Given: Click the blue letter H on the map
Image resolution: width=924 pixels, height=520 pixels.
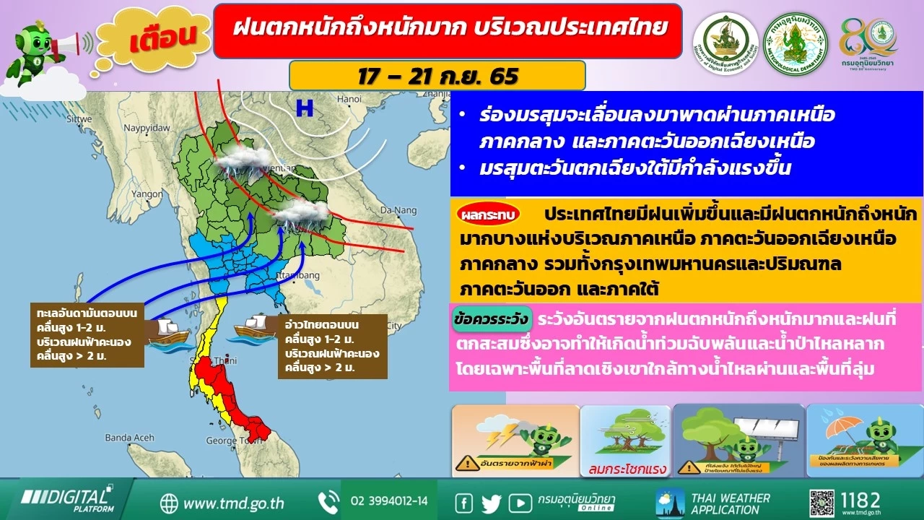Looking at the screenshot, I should pos(305,108).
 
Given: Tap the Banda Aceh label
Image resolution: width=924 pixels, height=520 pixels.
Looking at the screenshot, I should pos(129,438).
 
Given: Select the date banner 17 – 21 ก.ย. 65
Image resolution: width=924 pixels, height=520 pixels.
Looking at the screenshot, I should pos(437,76).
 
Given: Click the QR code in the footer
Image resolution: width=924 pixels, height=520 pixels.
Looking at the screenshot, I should pos(821,500).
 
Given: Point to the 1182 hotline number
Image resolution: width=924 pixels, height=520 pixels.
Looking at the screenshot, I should pos(860,500).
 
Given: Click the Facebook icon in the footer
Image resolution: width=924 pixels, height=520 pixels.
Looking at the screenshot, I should pos(464,502).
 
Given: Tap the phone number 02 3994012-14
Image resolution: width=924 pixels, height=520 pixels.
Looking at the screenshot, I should pos(388,501).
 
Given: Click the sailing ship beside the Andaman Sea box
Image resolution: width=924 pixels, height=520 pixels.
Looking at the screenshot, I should pos(167,333).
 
